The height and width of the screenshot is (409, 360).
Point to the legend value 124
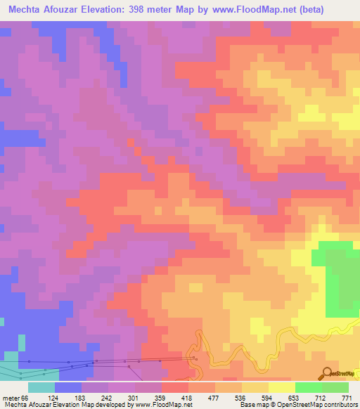[68, 398]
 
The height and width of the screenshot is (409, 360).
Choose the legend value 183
[96, 398]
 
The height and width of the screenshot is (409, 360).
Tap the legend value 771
[346, 398]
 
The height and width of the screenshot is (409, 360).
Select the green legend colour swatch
[309, 387]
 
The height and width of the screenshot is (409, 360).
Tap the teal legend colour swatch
[41, 387]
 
